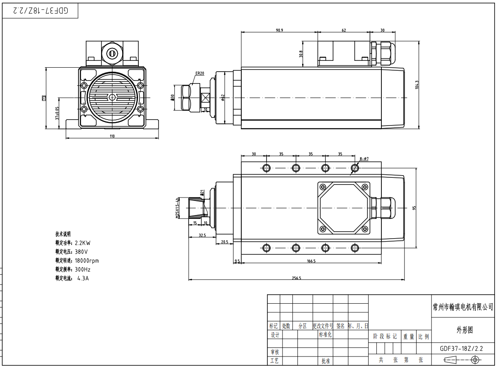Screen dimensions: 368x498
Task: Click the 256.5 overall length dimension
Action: click(297, 278)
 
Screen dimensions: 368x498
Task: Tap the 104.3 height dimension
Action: click(417, 85)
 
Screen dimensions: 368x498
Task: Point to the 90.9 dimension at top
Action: click(279, 30)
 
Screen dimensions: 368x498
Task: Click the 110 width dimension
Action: click(112, 136)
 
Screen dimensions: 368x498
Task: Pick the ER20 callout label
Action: click(200, 73)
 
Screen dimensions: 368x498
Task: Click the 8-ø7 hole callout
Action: click(364, 159)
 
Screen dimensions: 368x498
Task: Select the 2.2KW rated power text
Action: click(83, 243)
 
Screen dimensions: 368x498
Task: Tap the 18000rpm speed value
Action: click(87, 260)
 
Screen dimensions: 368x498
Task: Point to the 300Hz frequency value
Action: click(83, 269)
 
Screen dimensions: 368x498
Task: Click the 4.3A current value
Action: click(83, 278)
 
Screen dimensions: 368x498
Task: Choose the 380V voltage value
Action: click(81, 251)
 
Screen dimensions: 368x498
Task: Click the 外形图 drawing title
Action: click(465, 330)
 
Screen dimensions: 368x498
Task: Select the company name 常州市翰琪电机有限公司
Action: click(463, 307)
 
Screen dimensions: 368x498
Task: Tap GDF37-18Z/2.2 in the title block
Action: click(461, 349)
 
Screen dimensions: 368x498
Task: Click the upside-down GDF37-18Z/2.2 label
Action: click(40, 11)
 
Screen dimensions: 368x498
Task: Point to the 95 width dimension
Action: click(414, 208)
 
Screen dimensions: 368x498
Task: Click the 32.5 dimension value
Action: click(202, 235)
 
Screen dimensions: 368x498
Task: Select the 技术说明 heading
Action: click(63, 234)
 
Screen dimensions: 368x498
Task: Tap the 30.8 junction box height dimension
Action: click(301, 54)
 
